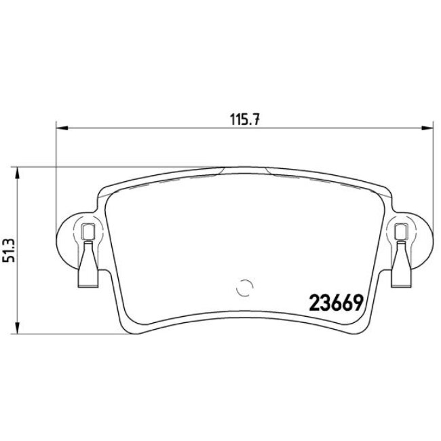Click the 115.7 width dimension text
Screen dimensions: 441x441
[245, 119]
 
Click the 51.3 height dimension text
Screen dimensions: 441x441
[9, 250]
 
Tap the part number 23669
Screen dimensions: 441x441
[336, 303]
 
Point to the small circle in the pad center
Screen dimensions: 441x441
[245, 288]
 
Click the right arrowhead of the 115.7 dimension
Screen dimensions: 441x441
[427, 128]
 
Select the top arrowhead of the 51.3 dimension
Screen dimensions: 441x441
[18, 173]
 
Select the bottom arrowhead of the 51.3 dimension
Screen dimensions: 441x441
[18, 328]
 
